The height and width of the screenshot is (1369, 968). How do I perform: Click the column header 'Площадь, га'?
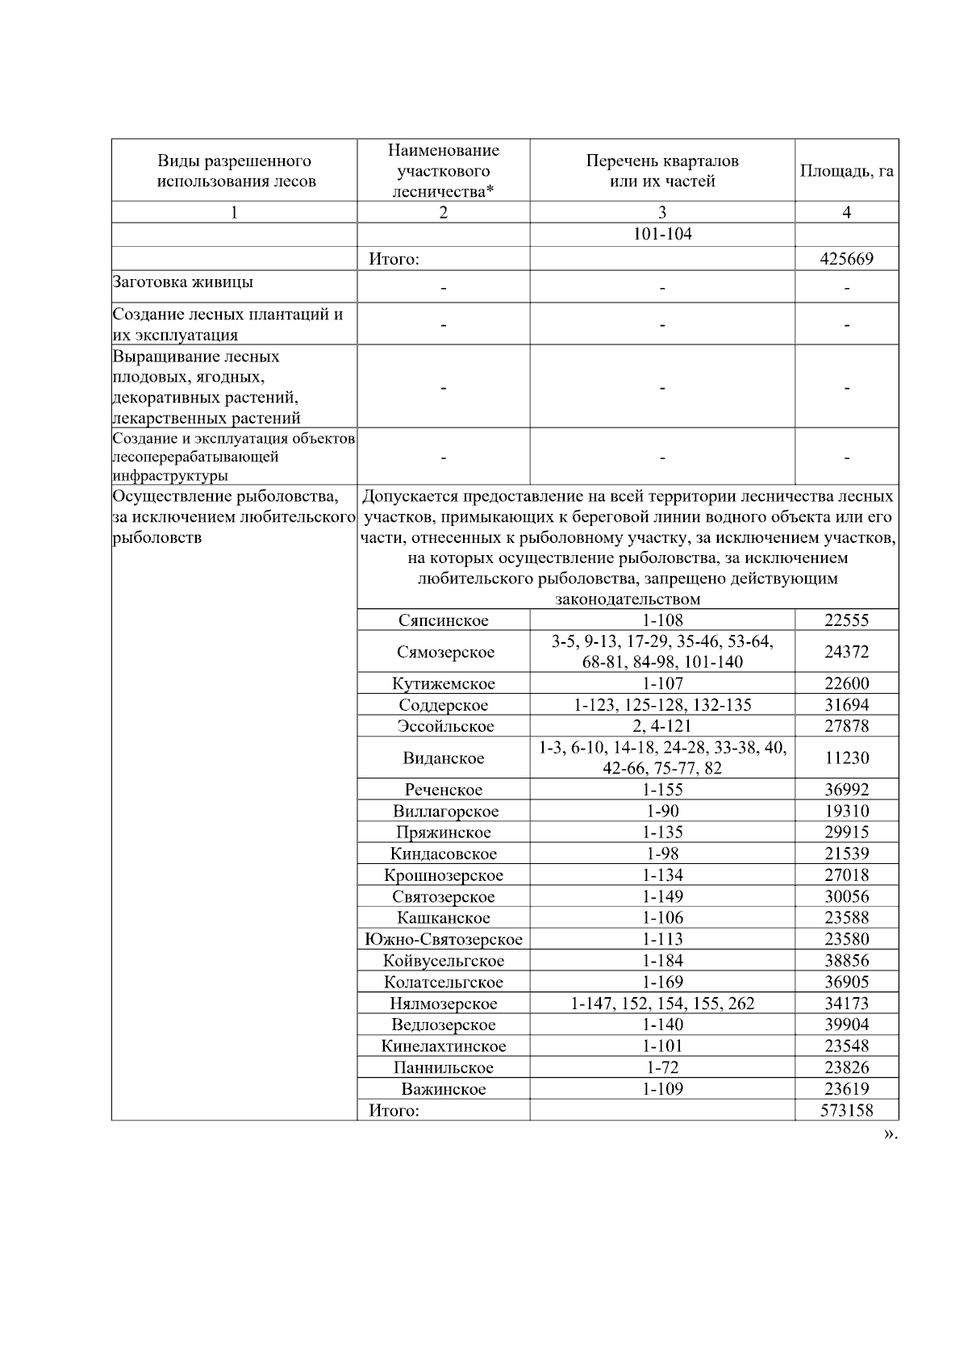(846, 171)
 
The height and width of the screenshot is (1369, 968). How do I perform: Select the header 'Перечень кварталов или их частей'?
(661, 171)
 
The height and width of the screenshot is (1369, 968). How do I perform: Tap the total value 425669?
(846, 259)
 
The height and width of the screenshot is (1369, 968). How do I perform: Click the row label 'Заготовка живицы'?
(183, 282)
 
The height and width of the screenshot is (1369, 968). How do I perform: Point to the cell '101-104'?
(661, 235)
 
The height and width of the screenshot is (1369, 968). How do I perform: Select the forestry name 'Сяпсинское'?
(443, 620)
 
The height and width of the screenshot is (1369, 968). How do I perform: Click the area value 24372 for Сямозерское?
(846, 652)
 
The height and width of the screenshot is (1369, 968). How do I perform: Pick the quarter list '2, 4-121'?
(661, 726)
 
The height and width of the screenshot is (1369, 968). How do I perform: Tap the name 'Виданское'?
(443, 758)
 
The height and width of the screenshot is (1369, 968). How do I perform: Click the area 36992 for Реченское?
(846, 790)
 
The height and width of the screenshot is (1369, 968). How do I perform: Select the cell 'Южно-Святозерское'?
(443, 939)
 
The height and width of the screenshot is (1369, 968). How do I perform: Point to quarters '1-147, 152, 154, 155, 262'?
(661, 1004)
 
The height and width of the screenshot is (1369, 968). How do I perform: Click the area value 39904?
(846, 1025)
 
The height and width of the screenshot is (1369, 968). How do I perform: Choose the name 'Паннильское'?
(443, 1067)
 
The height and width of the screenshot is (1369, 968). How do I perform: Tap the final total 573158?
(846, 1110)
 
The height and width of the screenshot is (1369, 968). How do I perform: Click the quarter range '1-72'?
(661, 1067)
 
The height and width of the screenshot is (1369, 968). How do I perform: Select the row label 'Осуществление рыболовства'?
(225, 496)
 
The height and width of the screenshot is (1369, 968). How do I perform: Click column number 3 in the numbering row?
(661, 212)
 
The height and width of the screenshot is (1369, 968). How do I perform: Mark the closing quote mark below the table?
(889, 1134)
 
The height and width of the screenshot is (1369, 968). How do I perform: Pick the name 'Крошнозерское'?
(443, 875)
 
